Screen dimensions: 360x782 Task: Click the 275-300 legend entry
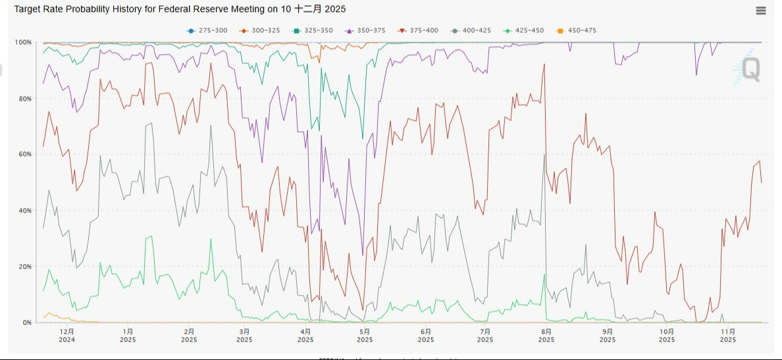pos(204,30)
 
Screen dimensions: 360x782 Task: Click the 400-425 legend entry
pos(471,30)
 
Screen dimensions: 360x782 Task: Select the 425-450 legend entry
pos(525,30)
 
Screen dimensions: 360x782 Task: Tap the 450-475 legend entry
pos(577,30)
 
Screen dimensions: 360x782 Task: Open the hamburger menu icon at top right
pos(761,11)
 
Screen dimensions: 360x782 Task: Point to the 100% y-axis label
pos(24,42)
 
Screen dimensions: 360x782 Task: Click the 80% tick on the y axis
pos(25,99)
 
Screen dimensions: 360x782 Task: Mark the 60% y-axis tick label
pos(25,155)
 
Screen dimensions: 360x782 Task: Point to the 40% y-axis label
pos(25,211)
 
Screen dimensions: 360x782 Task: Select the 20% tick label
pos(25,267)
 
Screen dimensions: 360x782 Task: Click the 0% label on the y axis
pos(27,322)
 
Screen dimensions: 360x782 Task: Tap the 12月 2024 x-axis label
pos(66,336)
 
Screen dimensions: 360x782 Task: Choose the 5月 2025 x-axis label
pos(365,336)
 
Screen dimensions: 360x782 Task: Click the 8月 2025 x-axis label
pos(546,336)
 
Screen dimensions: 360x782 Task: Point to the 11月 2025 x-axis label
pos(728,336)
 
